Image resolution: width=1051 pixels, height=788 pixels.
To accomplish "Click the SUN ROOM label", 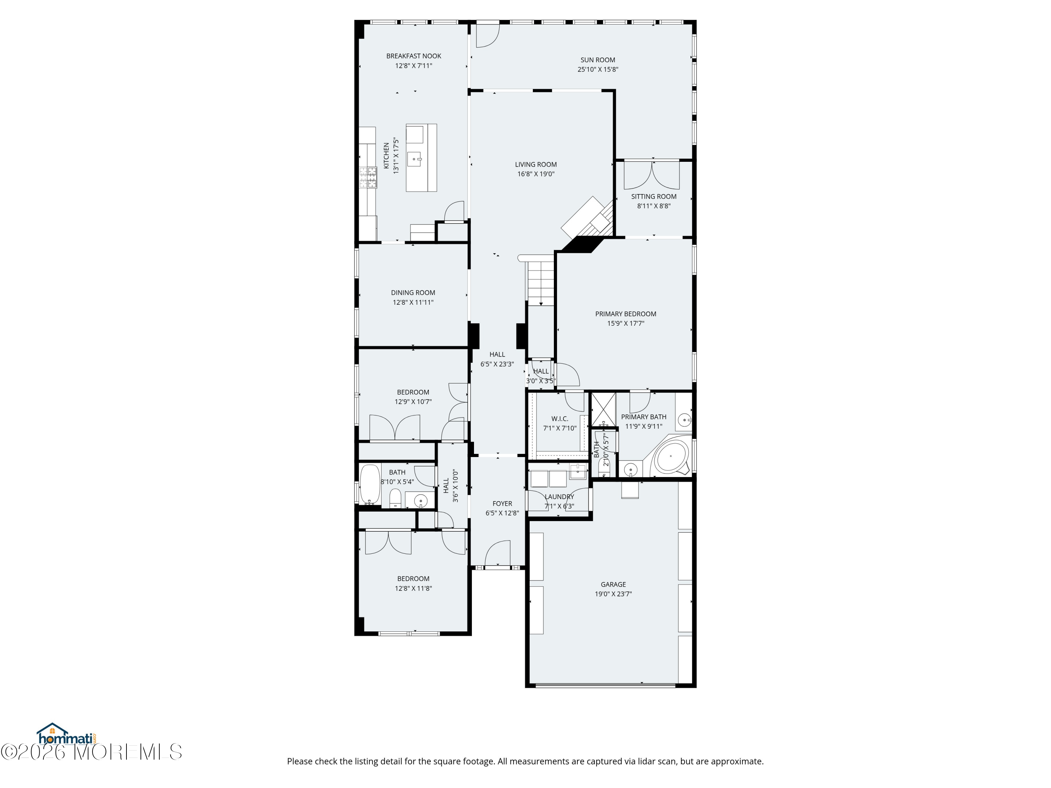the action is tap(598, 60).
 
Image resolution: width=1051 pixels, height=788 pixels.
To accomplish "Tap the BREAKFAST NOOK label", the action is tap(413, 56).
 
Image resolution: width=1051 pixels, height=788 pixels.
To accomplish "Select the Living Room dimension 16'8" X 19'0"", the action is tap(536, 174).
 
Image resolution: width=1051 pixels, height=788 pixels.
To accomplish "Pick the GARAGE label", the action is tap(613, 584).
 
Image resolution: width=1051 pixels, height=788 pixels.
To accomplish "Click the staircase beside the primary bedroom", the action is tap(540, 281).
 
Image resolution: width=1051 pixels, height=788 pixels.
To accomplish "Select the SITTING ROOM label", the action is tap(654, 196).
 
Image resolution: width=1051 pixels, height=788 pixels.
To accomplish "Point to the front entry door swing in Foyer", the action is tap(497, 553).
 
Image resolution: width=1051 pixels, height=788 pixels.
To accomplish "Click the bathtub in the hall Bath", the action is tap(370, 484).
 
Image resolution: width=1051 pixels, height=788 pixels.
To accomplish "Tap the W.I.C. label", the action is tap(560, 419).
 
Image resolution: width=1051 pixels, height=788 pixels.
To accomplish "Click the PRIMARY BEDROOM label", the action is tap(626, 314).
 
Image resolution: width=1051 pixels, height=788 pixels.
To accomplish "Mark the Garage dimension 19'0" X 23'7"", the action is tap(613, 594).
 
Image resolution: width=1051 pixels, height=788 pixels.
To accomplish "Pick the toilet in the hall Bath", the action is tap(395, 498).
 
